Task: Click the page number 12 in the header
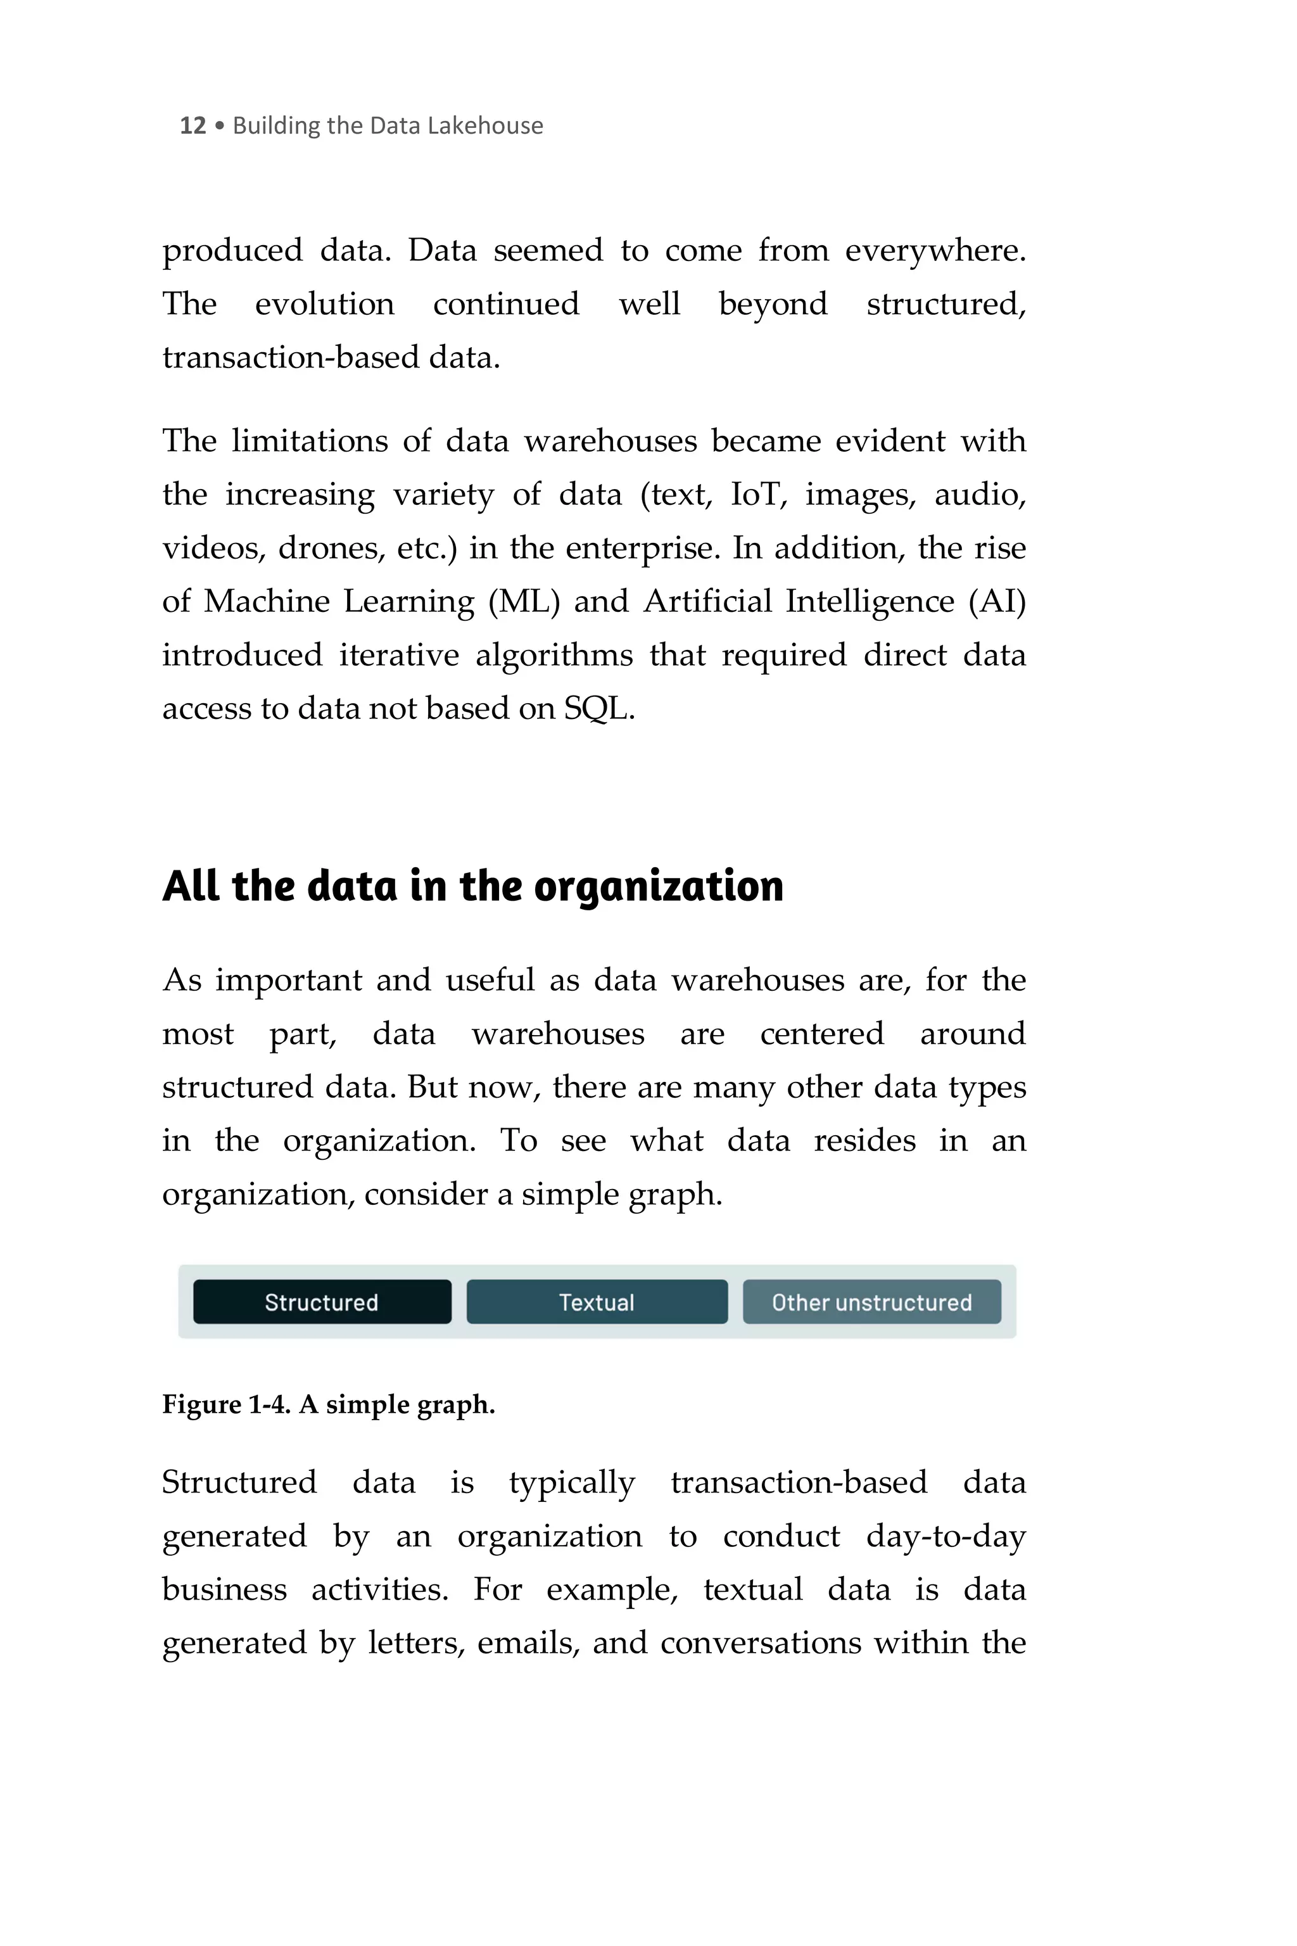192,126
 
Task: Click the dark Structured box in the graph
322,1302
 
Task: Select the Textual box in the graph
597,1302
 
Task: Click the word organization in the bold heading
659,887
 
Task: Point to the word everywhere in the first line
935,251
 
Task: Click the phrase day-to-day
946,1536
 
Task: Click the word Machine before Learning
267,602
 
